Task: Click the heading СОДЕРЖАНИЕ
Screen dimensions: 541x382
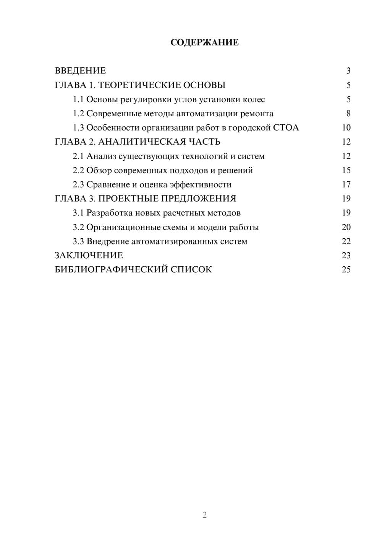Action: tap(204, 42)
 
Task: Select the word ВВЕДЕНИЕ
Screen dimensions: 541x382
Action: tap(80, 71)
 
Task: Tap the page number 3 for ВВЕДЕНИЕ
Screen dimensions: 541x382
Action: tap(348, 71)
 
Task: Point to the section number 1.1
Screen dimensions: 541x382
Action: tap(78, 99)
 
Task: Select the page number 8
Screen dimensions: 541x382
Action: tap(348, 114)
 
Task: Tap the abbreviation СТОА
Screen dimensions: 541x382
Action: tap(286, 128)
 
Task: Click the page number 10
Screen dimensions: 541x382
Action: tap(346, 128)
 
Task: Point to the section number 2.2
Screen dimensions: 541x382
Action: tap(78, 170)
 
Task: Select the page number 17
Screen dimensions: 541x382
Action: tap(346, 184)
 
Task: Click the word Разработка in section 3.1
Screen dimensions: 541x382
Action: tap(110, 213)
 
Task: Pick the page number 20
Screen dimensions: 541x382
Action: tap(346, 227)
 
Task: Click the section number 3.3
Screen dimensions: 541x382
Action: tap(78, 241)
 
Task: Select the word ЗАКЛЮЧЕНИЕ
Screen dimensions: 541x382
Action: tap(89, 256)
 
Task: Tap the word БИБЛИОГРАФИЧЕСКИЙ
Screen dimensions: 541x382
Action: tap(111, 270)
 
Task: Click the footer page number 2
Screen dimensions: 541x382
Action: tap(204, 515)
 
